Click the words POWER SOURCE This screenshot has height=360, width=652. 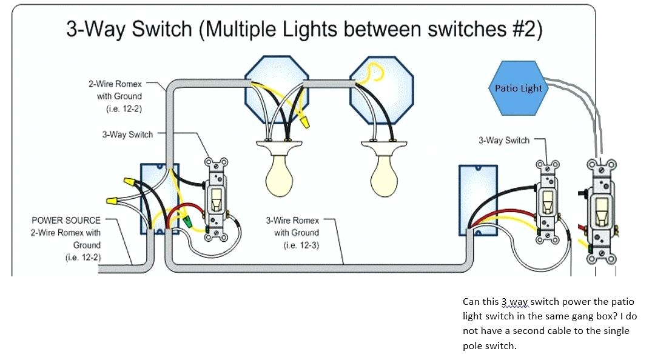tap(66, 220)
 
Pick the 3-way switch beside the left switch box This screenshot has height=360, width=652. tap(216, 199)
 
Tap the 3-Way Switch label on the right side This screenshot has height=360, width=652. tap(503, 140)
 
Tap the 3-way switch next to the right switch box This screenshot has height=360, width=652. tap(548, 202)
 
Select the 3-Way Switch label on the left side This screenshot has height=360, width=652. tap(127, 134)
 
